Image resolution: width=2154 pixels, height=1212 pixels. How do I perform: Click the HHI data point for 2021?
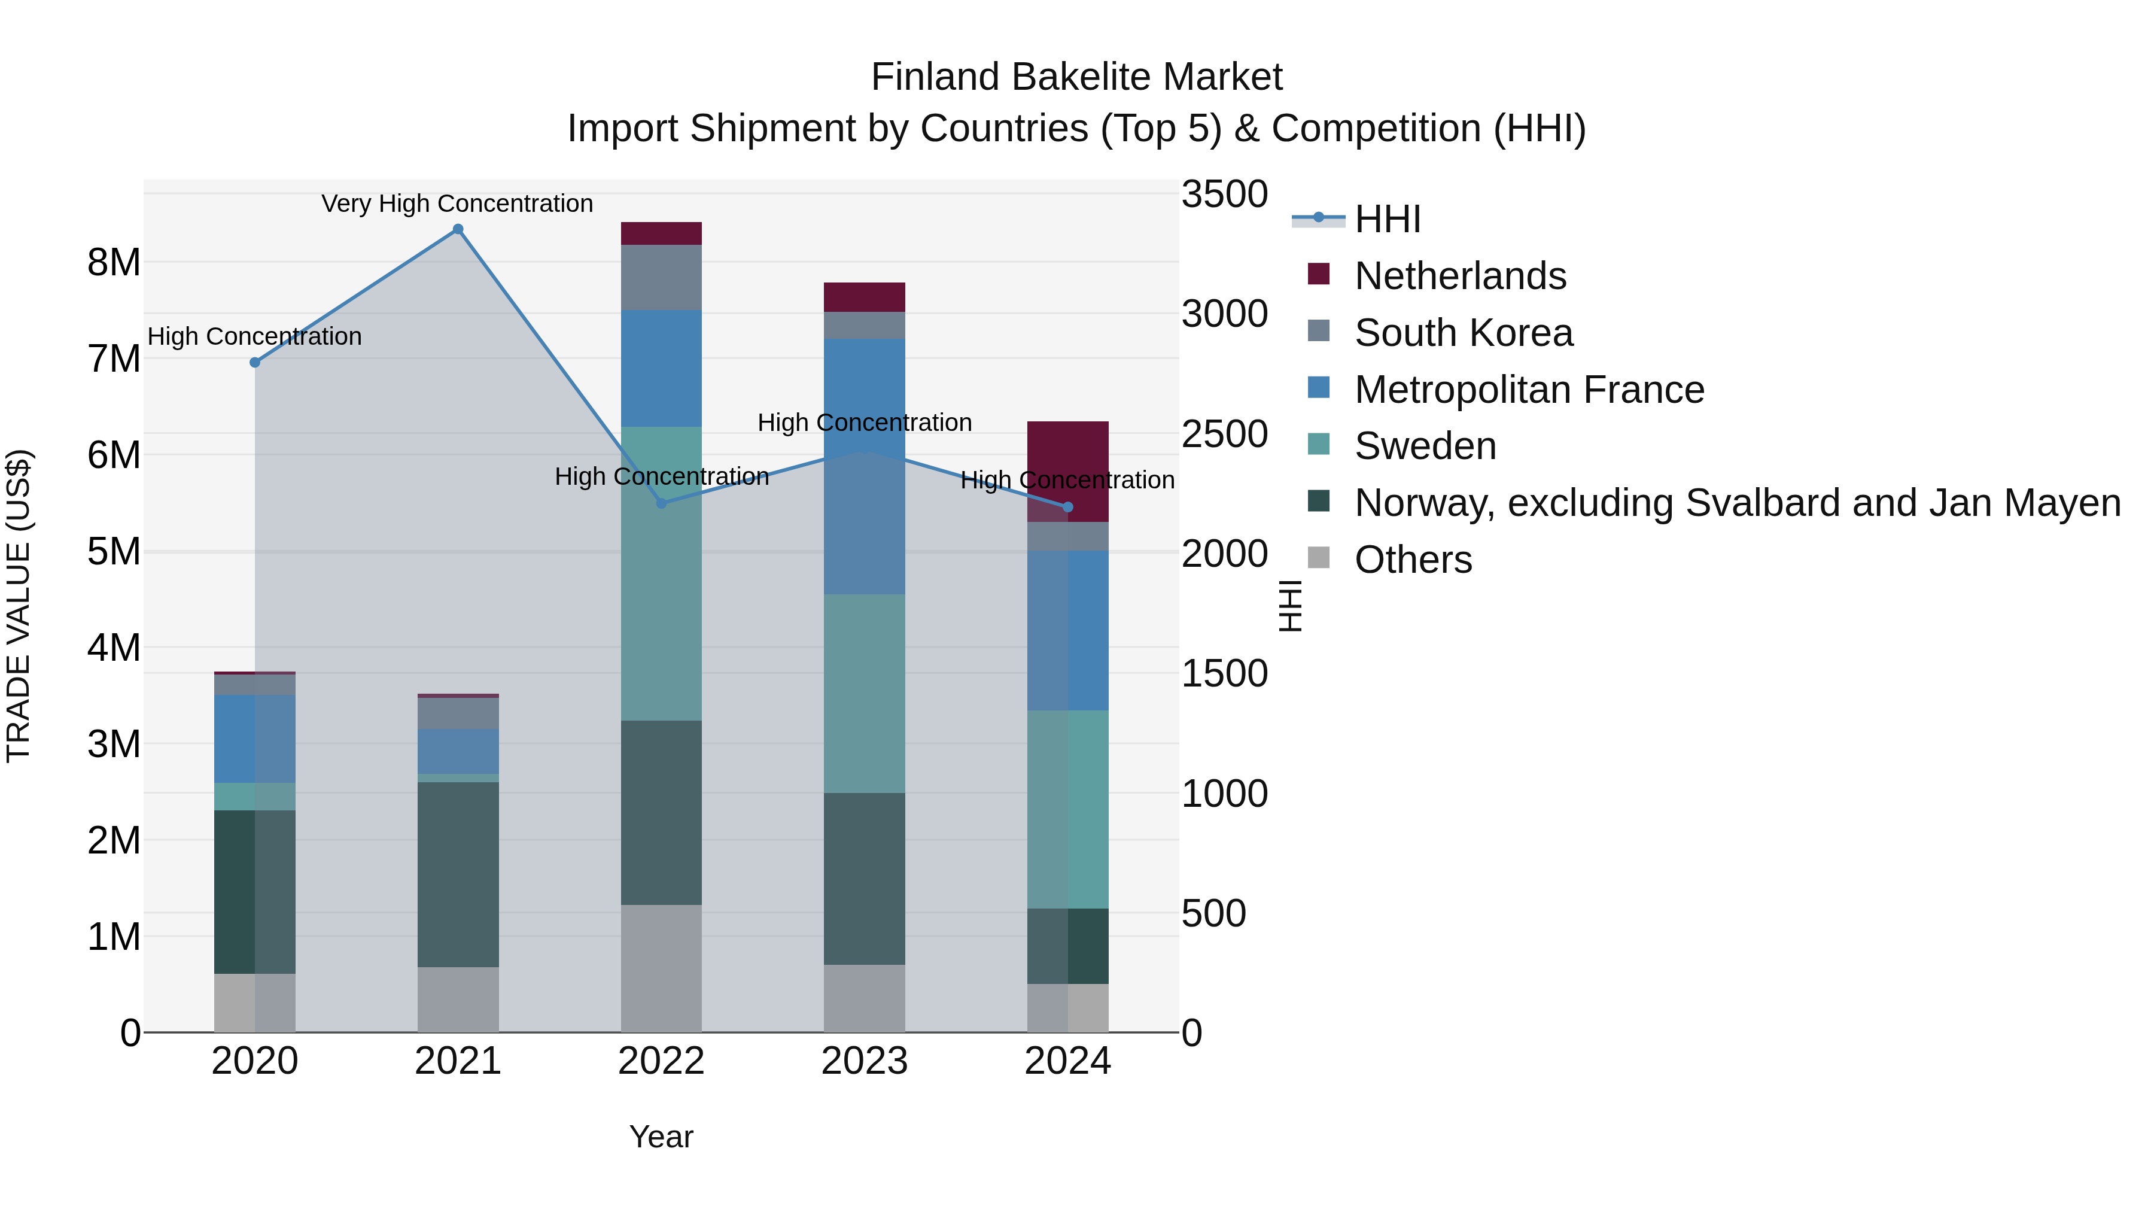point(457,229)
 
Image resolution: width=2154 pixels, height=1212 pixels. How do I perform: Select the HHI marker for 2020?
point(255,362)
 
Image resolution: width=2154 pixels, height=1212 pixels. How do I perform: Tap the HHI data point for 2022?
point(661,503)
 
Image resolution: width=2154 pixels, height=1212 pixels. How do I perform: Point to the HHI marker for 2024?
point(1068,507)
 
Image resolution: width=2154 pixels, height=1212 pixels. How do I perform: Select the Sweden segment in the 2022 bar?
point(661,574)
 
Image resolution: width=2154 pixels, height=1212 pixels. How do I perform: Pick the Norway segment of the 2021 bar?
point(458,874)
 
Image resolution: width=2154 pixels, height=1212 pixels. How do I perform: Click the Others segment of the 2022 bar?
point(661,968)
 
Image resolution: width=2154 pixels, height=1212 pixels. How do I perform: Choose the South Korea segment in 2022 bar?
point(661,277)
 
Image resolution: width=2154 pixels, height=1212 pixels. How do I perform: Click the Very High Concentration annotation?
point(457,203)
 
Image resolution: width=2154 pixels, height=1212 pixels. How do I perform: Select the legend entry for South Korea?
point(1464,333)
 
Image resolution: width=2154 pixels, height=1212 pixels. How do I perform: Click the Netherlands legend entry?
point(1460,276)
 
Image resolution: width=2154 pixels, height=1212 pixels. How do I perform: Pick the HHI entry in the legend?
point(1388,219)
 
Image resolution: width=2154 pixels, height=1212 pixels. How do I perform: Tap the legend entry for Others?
point(1413,560)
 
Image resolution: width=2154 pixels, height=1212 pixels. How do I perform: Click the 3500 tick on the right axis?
point(1224,194)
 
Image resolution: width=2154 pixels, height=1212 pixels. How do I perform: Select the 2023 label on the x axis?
point(865,1061)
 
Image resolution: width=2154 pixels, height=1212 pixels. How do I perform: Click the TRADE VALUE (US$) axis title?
point(19,606)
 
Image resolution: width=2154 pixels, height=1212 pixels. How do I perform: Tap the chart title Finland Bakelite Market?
point(1076,77)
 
